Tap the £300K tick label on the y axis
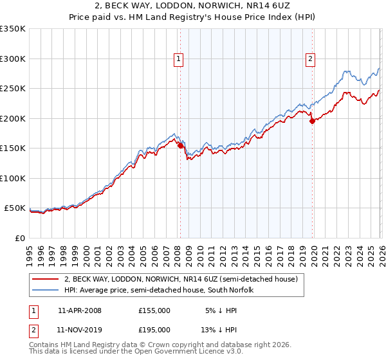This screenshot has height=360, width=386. coord(13,59)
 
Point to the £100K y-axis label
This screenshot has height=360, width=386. coord(13,178)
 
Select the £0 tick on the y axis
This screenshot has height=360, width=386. coord(20,238)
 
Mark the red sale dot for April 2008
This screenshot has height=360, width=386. coord(180,146)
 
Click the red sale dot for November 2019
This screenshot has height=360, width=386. coord(312,121)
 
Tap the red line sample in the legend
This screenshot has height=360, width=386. coord(45,280)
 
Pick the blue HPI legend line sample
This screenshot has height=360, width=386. coord(45,291)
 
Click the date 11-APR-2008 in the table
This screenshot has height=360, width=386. coord(80,310)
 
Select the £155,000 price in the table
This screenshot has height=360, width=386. coord(154,310)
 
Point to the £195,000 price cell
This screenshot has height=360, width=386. coord(154,330)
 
